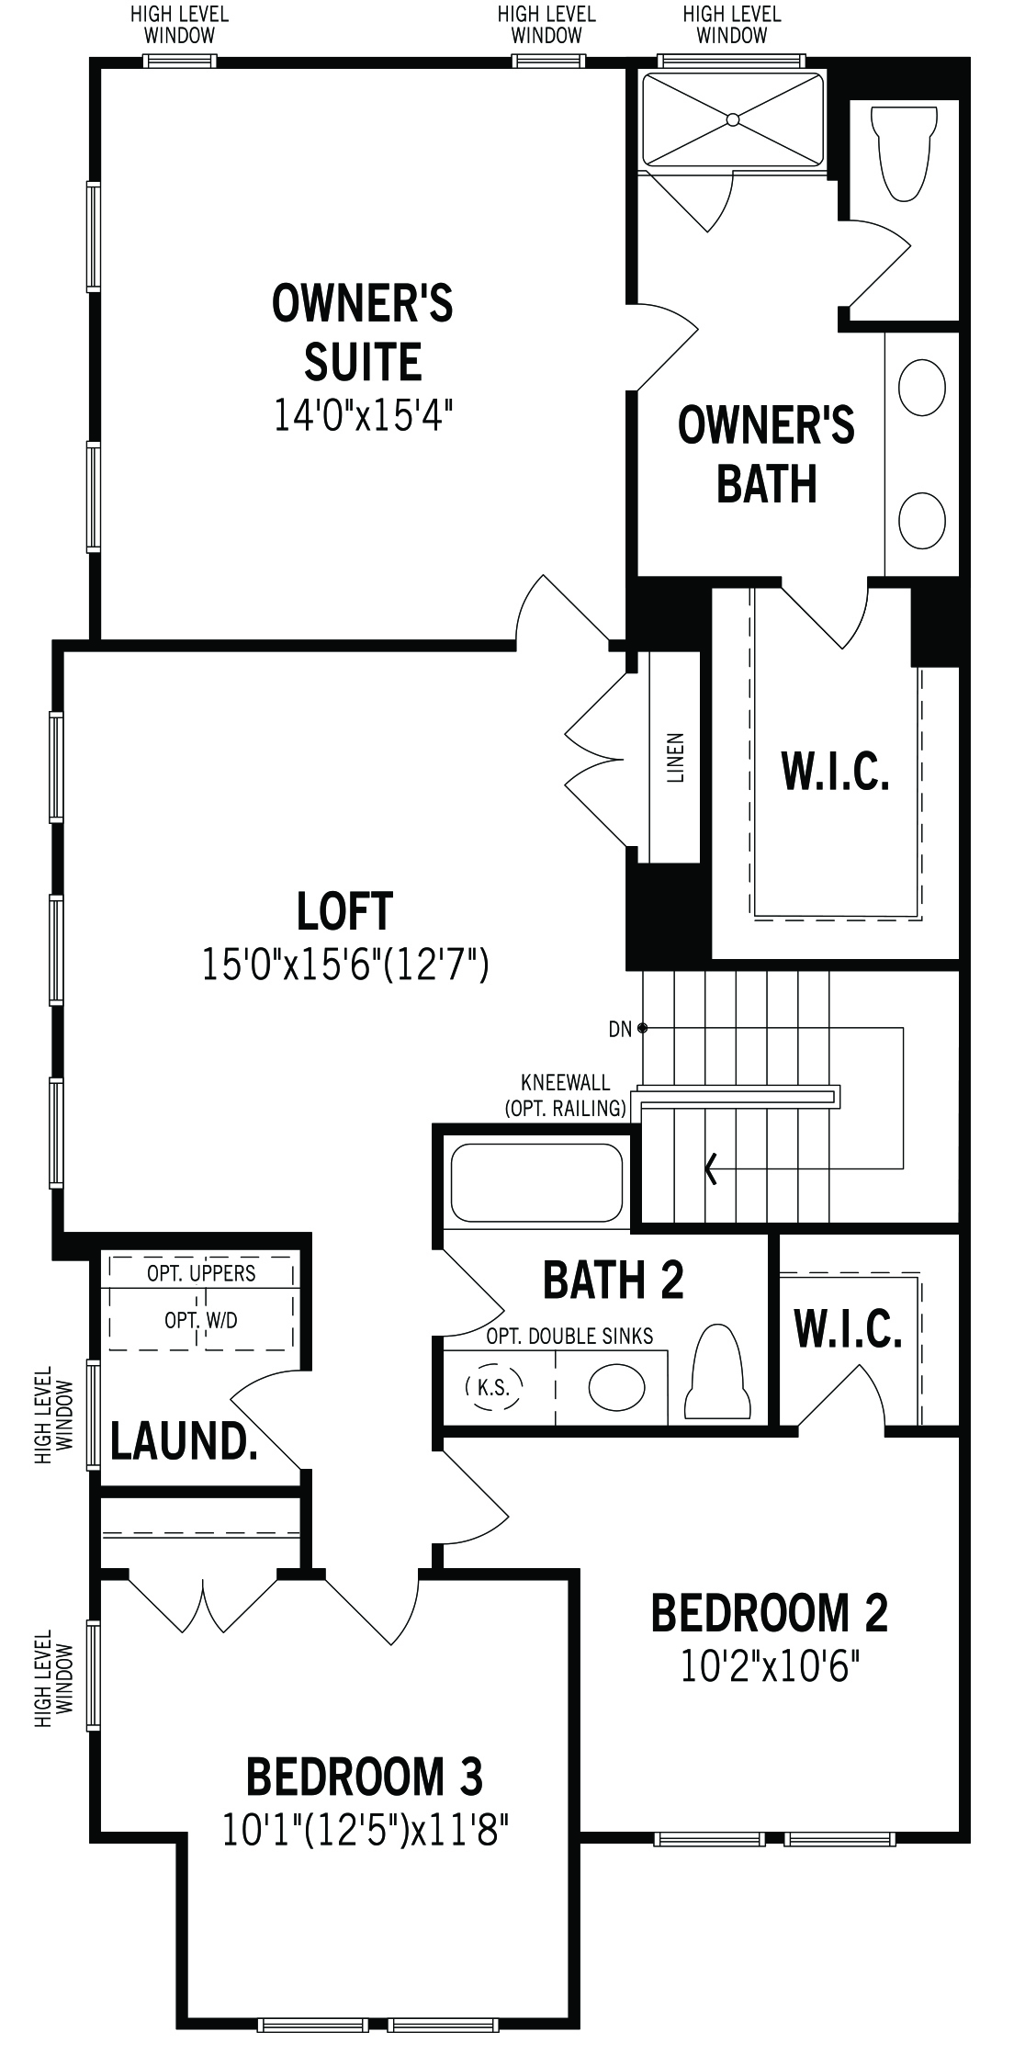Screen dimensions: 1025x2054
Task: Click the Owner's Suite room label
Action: coord(363,333)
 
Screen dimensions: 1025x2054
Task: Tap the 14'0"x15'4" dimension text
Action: coord(365,413)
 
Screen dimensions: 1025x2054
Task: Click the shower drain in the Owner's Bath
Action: coord(733,119)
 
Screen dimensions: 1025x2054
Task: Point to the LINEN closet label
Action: coord(676,757)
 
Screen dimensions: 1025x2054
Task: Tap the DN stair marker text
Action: coord(620,1029)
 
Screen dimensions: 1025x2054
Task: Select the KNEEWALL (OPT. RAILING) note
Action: coord(566,1096)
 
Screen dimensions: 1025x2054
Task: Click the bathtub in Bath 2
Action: coord(536,1182)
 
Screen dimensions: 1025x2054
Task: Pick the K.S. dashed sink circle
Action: coord(493,1387)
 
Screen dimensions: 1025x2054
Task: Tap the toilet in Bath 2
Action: coord(716,1372)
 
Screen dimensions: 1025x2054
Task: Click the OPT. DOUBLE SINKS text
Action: coord(569,1336)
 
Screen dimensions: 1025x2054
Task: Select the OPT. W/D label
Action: coord(201,1320)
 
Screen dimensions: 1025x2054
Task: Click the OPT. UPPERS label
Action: coord(201,1273)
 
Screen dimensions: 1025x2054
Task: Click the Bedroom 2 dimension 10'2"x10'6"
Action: coord(770,1665)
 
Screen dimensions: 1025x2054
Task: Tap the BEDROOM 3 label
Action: coord(365,1776)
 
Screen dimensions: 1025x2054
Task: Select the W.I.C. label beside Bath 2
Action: coord(848,1328)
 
